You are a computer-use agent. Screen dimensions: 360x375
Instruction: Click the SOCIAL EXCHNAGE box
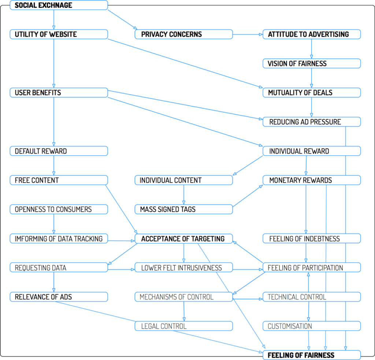(x=59, y=5)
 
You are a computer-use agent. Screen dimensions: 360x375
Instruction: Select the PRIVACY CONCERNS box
(x=184, y=34)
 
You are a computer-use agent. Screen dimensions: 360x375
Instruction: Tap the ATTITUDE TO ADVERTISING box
(x=312, y=34)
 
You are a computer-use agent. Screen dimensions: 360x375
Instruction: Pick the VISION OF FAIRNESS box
(x=312, y=63)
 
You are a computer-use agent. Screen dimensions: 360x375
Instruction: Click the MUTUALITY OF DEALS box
(x=312, y=93)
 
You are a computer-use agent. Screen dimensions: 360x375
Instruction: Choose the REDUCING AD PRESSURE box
(x=312, y=122)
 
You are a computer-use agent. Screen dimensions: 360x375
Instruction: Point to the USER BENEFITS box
(x=59, y=93)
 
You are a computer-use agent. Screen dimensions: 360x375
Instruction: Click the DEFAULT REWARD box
(x=59, y=151)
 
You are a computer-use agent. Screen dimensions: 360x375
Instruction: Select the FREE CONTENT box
(x=59, y=180)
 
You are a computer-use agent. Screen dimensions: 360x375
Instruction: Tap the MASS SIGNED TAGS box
(x=184, y=209)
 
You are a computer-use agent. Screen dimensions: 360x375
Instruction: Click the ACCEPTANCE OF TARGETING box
(x=184, y=239)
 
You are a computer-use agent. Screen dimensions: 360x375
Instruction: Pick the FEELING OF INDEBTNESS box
(x=312, y=239)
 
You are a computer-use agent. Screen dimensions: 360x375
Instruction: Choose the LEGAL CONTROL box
(x=184, y=326)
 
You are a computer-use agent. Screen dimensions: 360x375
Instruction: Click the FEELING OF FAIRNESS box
(x=312, y=355)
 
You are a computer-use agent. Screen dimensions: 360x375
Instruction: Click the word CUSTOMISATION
(x=290, y=326)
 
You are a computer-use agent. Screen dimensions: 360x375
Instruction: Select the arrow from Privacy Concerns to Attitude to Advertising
(x=248, y=34)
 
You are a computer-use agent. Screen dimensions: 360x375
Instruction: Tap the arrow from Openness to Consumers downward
(x=54, y=224)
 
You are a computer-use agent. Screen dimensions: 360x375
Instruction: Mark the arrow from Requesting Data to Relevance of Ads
(x=54, y=282)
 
